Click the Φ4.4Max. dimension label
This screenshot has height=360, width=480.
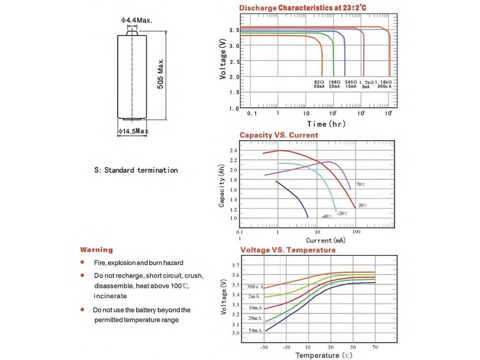(137, 20)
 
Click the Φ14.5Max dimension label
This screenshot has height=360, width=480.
(134, 131)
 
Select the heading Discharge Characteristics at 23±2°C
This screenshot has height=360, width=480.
(302, 8)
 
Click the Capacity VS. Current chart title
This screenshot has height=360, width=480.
(279, 135)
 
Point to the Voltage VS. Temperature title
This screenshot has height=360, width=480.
(288, 250)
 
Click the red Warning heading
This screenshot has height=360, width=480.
(97, 250)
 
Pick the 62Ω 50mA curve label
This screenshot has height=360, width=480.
(319, 84)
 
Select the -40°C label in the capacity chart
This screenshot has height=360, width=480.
(327, 216)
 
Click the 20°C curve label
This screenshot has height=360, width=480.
(362, 205)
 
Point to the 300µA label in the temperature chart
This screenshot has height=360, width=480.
(255, 287)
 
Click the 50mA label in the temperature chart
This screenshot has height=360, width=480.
(255, 330)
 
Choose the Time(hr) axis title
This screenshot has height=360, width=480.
(326, 124)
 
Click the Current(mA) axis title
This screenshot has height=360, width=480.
(326, 240)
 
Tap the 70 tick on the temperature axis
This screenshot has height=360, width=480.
(375, 347)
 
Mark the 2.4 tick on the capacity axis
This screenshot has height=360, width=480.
(234, 151)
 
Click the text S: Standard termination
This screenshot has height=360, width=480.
(136, 170)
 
